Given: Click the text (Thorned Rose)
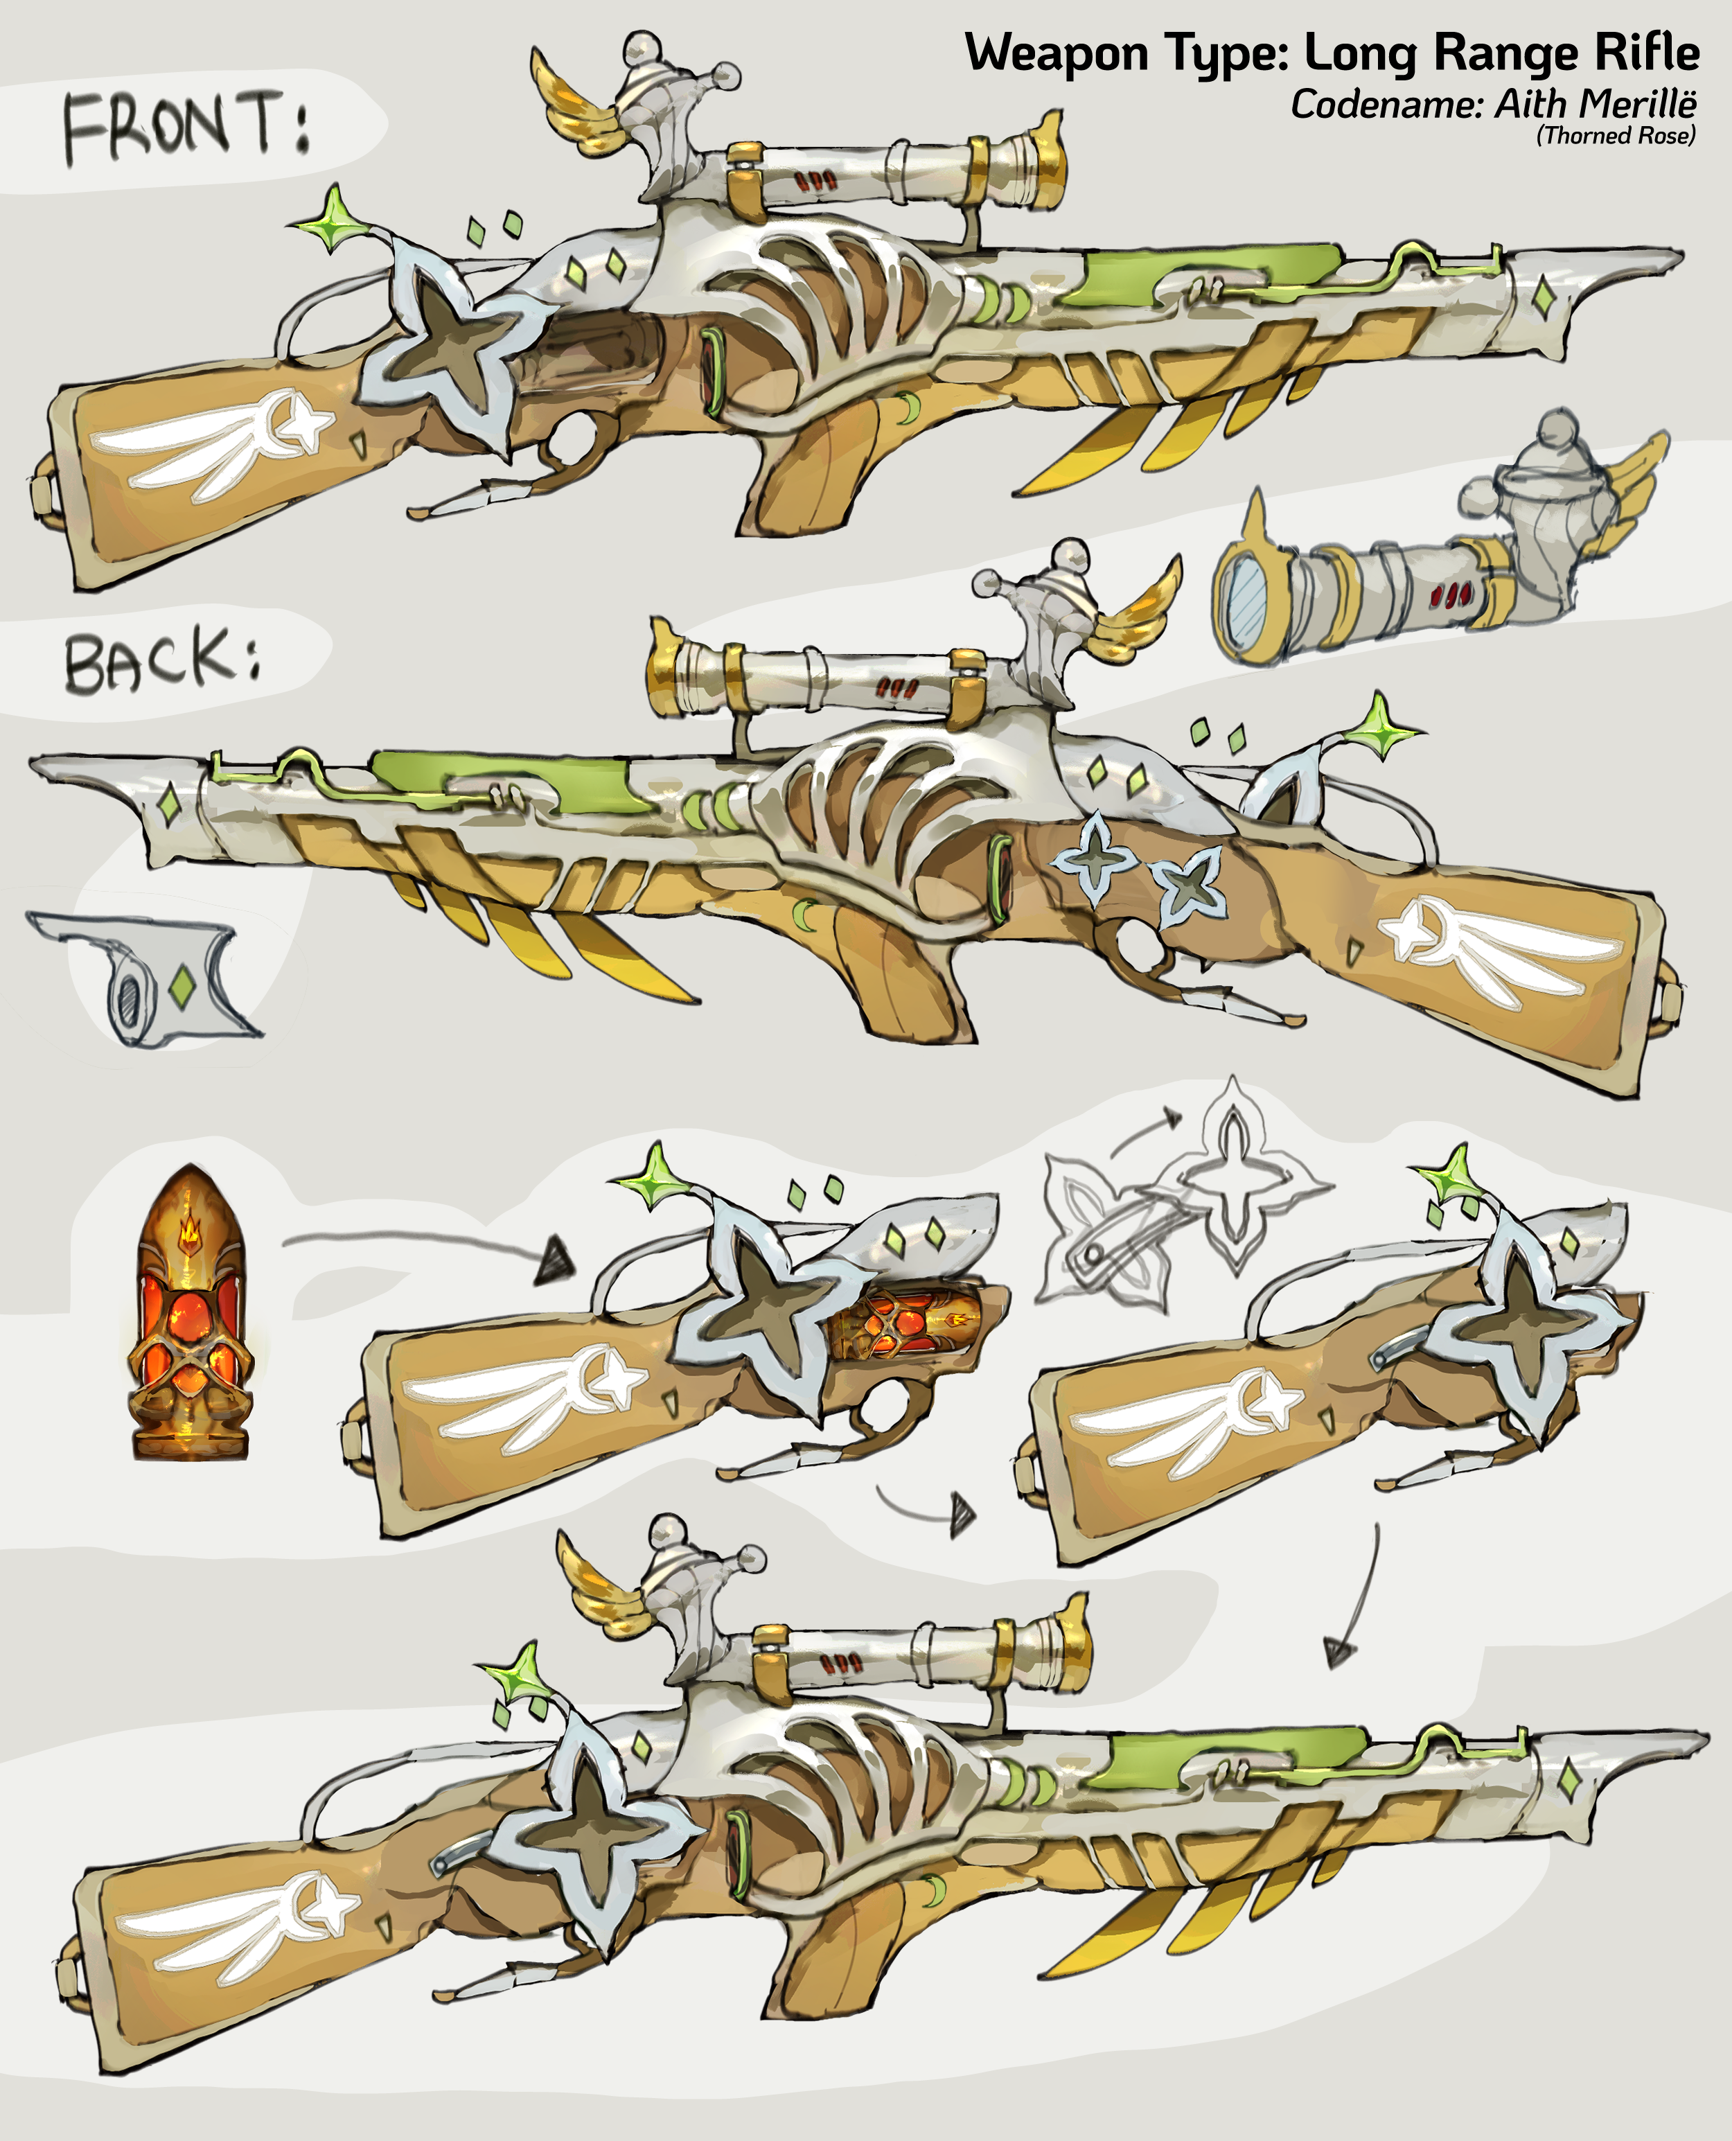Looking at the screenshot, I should [x=1616, y=136].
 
